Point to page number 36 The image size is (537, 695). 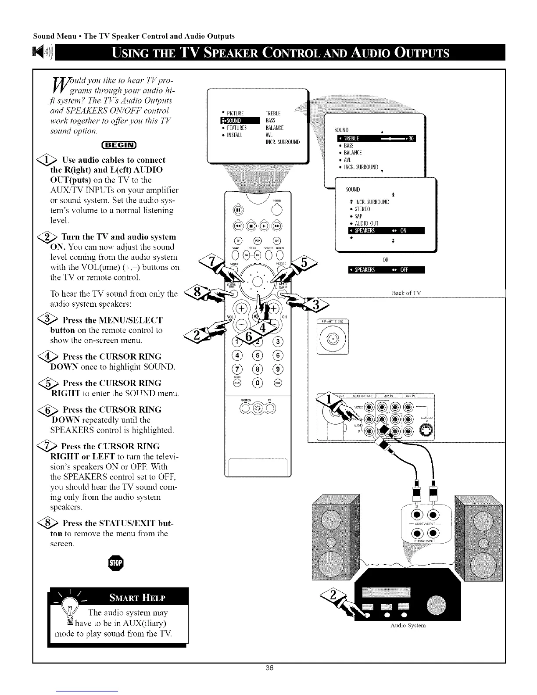[x=269, y=668]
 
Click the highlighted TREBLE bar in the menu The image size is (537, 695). [x=374, y=139]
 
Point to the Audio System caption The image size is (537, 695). [x=408, y=626]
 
